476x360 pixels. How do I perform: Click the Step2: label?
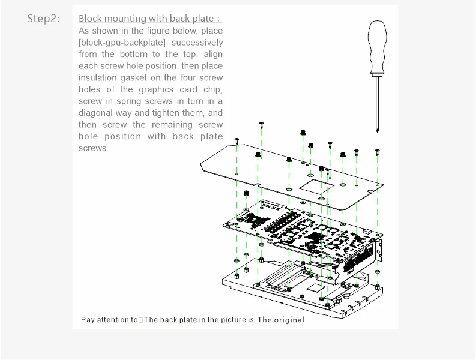pos(43,19)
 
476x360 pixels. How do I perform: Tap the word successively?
pos(196,43)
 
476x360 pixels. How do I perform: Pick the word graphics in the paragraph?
pos(156,89)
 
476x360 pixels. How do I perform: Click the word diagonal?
pos(100,113)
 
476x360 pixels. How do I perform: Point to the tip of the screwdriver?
pos(377,130)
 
